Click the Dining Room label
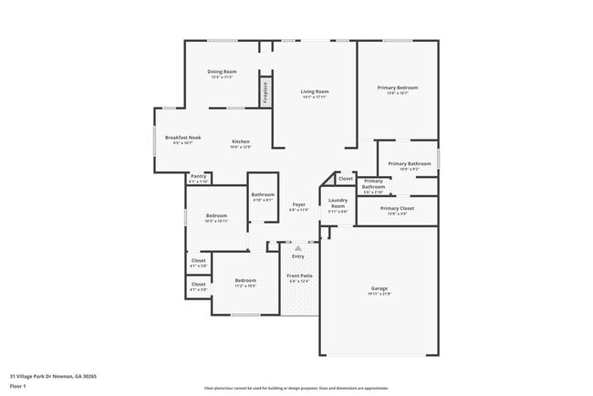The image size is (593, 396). coord(222,71)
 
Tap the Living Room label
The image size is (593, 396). coord(315,91)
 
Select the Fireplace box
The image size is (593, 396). coord(265,92)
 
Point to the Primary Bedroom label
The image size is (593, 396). coord(398,88)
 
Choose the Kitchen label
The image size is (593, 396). coord(240,141)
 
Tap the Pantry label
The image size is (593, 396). coord(198,177)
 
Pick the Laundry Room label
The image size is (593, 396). coord(338,205)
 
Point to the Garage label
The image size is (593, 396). coord(379,288)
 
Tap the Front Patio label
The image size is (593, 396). coord(298,275)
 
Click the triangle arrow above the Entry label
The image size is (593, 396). coord(297,247)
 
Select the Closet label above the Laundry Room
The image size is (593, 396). coord(345,178)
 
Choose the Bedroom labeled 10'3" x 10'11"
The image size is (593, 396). coord(216,216)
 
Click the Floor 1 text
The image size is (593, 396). coord(17,387)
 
